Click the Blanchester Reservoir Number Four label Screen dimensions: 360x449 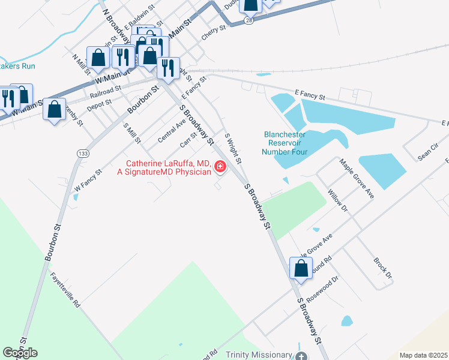(286, 143)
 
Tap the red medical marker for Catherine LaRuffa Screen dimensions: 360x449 (220, 167)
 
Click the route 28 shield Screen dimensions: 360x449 (249, 20)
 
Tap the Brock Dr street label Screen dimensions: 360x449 (382, 268)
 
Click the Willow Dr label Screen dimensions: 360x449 (337, 200)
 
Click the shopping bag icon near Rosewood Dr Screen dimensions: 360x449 (301, 269)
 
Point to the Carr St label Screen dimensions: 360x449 (188, 141)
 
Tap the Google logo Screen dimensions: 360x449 (20, 352)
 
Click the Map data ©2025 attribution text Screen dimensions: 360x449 (423, 355)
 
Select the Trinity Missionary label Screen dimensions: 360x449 (258, 355)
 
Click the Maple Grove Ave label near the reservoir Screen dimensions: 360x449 (357, 179)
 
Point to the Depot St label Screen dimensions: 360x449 (100, 103)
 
